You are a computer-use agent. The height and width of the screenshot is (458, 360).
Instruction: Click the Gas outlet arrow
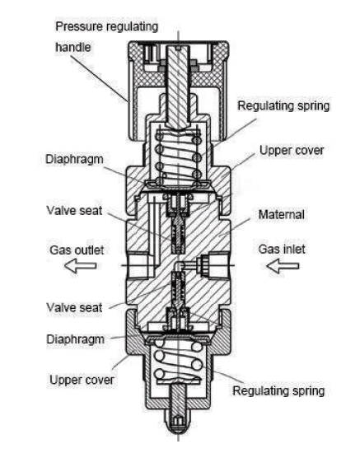click(80, 266)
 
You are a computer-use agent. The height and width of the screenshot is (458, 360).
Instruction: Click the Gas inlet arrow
click(283, 266)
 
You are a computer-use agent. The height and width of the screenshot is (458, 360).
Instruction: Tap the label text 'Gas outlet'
click(77, 250)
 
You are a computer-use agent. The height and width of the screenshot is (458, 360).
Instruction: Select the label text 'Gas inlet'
click(282, 249)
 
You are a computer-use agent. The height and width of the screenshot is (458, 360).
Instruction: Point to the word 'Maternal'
click(282, 215)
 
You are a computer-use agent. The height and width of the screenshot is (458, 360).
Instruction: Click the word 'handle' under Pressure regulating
click(73, 47)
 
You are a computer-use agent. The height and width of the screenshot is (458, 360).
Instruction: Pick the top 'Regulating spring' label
click(283, 105)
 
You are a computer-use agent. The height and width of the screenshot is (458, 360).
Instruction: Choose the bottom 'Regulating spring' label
click(278, 390)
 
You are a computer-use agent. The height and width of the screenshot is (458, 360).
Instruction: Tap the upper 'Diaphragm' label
click(74, 160)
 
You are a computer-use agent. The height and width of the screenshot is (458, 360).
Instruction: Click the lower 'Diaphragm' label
click(76, 339)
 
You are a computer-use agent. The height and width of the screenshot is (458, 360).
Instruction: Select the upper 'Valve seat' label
click(74, 211)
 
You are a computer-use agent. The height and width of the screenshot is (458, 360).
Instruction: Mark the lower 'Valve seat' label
click(74, 307)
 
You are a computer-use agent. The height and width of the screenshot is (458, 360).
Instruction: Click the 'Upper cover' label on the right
click(292, 151)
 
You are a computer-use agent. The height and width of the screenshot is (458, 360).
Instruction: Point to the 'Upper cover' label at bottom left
click(82, 380)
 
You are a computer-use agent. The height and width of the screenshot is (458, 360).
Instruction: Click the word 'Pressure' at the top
click(79, 26)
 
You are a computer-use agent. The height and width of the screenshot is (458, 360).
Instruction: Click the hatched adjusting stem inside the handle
click(178, 86)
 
